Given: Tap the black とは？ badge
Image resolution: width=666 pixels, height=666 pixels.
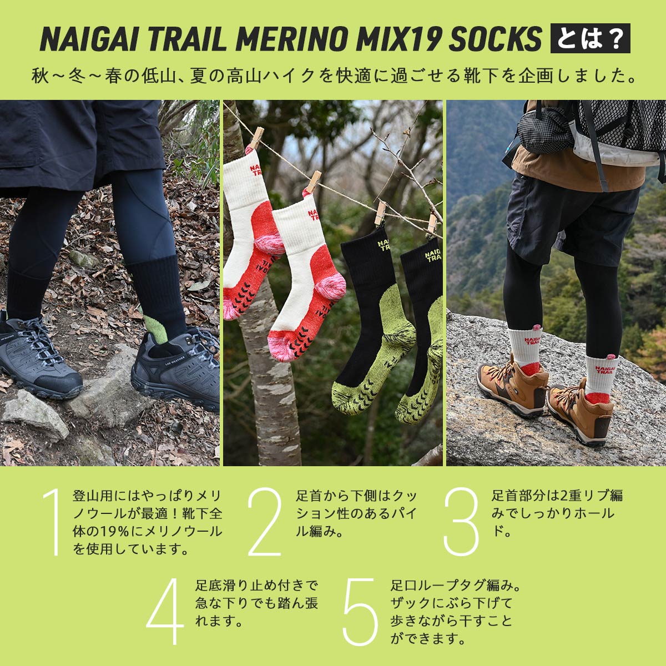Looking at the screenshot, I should [590, 38].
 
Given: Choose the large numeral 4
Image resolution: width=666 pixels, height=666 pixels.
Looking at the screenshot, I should [165, 610].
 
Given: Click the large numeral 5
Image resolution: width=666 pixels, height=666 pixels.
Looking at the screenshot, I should [361, 610].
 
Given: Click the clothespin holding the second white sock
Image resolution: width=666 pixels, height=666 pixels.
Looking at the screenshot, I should [314, 182].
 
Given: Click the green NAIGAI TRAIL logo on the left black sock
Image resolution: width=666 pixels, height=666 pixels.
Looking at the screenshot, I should [383, 245].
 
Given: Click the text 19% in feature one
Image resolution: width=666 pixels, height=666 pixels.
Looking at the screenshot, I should [114, 531].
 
